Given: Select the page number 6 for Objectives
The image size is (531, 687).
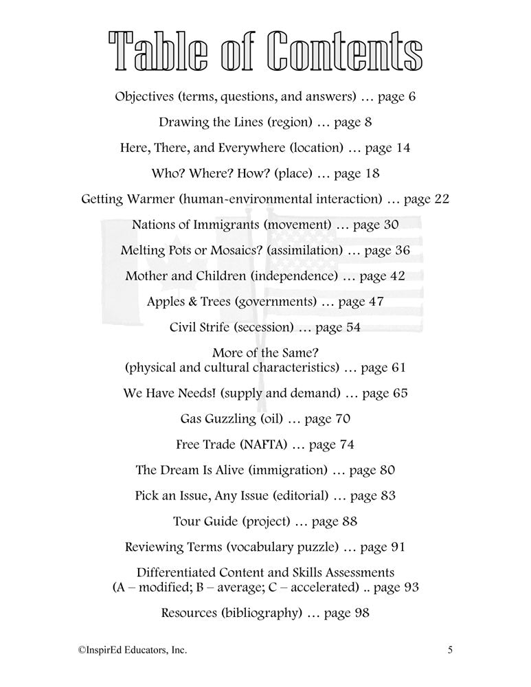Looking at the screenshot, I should coord(411,96).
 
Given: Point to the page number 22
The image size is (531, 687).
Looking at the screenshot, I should coord(441,199).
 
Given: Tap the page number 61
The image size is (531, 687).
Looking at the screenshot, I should coord(398,368).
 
